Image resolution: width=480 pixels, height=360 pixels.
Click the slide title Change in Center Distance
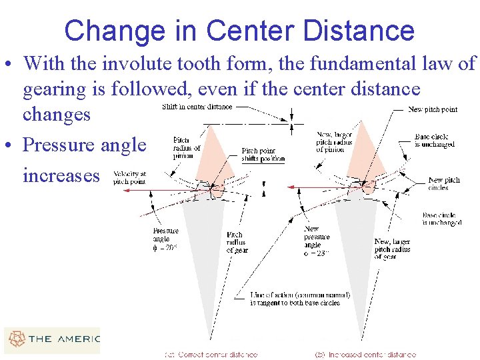[x=239, y=31]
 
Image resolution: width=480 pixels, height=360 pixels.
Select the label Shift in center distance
[x=197, y=107]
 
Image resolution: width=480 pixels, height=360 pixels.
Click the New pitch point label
[x=433, y=109]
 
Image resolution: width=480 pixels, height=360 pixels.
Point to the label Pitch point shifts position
[x=263, y=155]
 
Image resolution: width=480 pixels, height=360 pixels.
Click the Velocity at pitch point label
[x=129, y=177]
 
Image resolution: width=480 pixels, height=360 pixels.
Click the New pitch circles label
[x=444, y=183]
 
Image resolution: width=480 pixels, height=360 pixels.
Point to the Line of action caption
[x=300, y=299]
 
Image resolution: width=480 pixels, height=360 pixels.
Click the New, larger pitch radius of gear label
[x=392, y=249]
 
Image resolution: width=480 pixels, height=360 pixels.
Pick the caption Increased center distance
[x=367, y=355]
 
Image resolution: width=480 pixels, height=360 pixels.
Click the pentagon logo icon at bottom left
[x=15, y=339]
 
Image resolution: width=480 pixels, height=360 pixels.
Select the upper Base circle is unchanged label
[x=435, y=140]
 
